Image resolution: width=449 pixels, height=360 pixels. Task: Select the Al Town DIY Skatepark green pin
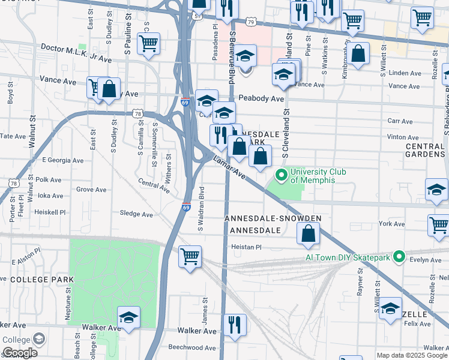tap(397, 257)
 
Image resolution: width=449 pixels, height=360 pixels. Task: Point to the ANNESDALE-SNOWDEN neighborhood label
tap(273, 218)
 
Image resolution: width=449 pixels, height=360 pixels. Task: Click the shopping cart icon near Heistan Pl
tap(190, 257)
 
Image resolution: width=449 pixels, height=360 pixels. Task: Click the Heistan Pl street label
tap(244, 247)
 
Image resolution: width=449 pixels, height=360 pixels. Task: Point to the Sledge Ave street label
tap(136, 214)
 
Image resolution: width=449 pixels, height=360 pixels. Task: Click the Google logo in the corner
tap(19, 353)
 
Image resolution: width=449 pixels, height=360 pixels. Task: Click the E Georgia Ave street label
tap(62, 160)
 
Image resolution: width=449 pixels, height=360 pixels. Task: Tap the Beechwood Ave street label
tap(191, 347)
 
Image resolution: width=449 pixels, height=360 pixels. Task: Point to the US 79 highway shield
tap(251, 22)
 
